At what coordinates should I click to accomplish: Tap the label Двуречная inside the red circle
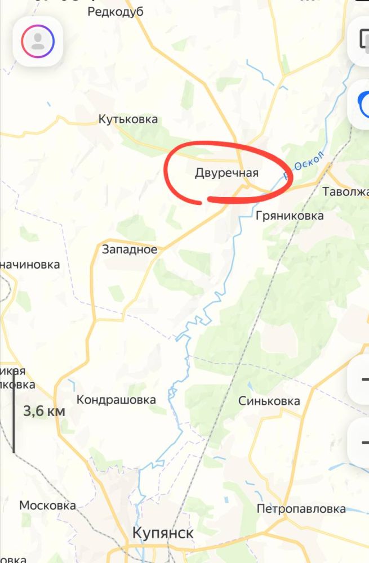226,173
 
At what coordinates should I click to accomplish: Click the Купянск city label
163,533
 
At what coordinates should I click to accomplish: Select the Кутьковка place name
128,119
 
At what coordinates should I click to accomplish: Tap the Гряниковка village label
290,216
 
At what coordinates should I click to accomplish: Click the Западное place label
130,249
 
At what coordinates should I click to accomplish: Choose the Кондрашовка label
116,400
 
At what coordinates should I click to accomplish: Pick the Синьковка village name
269,401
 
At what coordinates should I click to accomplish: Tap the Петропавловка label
301,509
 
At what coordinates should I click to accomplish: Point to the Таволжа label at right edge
345,192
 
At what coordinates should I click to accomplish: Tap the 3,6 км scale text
44,411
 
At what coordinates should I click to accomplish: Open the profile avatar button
38,41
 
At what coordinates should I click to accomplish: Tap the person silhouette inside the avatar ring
38,41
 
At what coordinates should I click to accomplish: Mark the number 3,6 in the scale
34,411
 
